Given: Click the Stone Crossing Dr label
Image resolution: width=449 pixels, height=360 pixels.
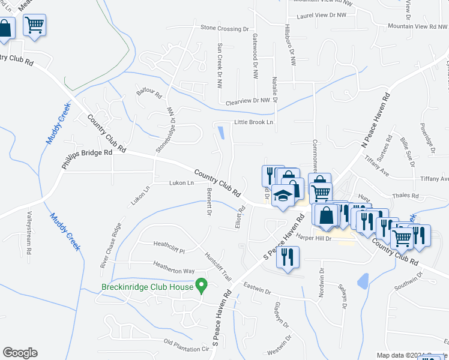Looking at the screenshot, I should (x=224, y=28).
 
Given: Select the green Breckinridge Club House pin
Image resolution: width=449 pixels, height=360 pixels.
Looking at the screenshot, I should (x=202, y=285).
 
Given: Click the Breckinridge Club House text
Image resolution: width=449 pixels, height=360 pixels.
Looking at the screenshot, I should (x=147, y=287).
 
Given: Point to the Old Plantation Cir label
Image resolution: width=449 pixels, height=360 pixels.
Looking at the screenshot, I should (x=188, y=345).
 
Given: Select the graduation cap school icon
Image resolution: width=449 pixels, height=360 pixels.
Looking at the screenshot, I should (x=283, y=196).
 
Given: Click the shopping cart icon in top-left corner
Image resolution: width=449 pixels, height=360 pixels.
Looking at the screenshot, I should (x=35, y=25).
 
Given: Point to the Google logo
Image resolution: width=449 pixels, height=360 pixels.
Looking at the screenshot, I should (x=20, y=353).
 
